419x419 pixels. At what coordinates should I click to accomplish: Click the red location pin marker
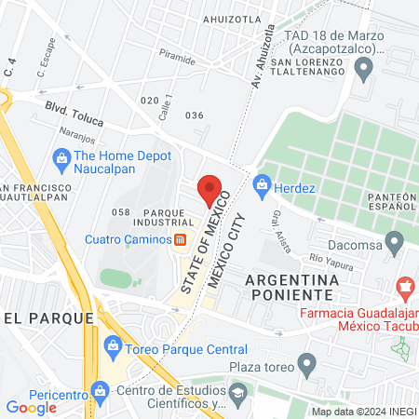click(210, 190)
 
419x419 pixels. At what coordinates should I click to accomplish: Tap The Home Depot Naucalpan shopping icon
click(61, 157)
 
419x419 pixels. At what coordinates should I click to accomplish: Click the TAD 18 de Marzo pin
click(364, 67)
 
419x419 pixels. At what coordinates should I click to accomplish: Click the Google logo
click(32, 407)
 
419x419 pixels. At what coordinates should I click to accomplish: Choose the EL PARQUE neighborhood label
click(48, 318)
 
